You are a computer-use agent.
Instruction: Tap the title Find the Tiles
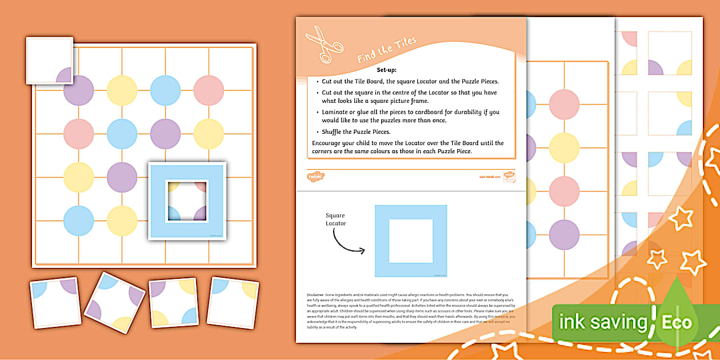[387, 50]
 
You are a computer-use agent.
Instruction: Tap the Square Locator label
[335, 219]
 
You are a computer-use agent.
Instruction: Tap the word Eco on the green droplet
[677, 322]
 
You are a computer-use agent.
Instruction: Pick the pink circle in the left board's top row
[209, 90]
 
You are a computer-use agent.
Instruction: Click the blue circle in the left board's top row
[165, 90]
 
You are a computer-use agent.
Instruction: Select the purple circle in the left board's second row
[165, 133]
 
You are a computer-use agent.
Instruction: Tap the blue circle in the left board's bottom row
[78, 220]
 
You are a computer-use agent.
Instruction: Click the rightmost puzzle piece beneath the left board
[232, 302]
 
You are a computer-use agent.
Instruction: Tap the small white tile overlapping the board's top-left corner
[49, 60]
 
